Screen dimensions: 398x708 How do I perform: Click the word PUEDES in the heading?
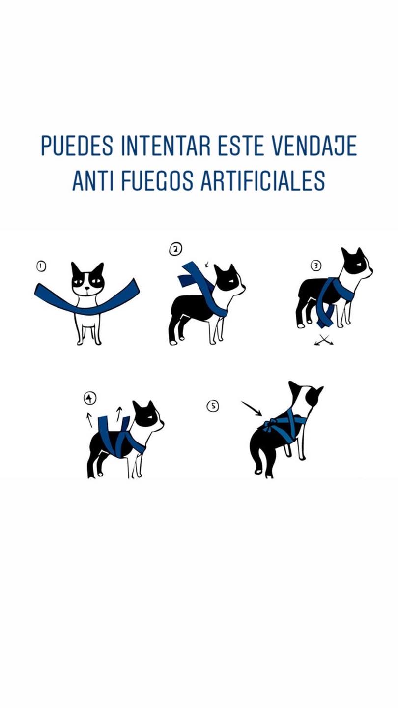[x=77, y=146]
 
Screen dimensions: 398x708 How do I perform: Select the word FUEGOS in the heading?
[x=157, y=181]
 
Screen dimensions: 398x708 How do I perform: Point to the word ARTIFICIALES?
[x=263, y=181]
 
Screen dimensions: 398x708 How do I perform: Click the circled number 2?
[x=175, y=249]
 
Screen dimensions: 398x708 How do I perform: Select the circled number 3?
[x=316, y=266]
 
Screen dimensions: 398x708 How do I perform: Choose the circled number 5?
[x=213, y=406]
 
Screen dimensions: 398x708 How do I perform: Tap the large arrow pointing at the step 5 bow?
[x=252, y=409]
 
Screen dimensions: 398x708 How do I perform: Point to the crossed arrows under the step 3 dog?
[x=324, y=340]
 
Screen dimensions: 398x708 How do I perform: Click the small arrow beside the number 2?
[x=207, y=264]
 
